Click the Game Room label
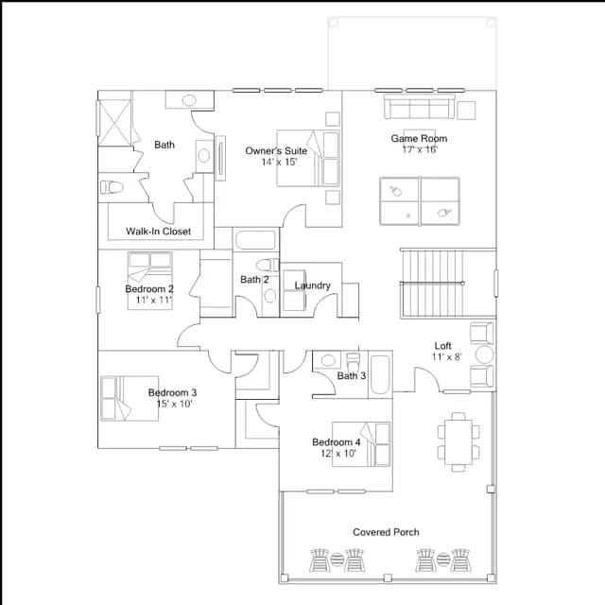click(x=419, y=138)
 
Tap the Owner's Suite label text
click(x=276, y=150)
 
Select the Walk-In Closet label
click(x=158, y=231)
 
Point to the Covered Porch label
click(x=386, y=532)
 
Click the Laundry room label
click(x=313, y=285)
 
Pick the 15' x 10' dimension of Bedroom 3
click(x=174, y=404)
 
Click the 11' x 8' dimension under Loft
click(x=446, y=357)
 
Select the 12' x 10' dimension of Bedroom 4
click(x=338, y=454)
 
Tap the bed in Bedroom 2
click(x=150, y=281)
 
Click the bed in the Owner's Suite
click(x=308, y=158)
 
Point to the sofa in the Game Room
click(x=419, y=106)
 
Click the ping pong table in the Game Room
click(x=420, y=201)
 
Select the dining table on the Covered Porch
click(x=458, y=442)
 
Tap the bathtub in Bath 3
click(x=380, y=374)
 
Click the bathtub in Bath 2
click(x=255, y=240)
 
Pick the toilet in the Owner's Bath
click(x=112, y=187)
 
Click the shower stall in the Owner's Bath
click(x=114, y=122)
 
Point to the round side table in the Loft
click(x=484, y=354)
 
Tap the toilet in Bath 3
click(x=353, y=362)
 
